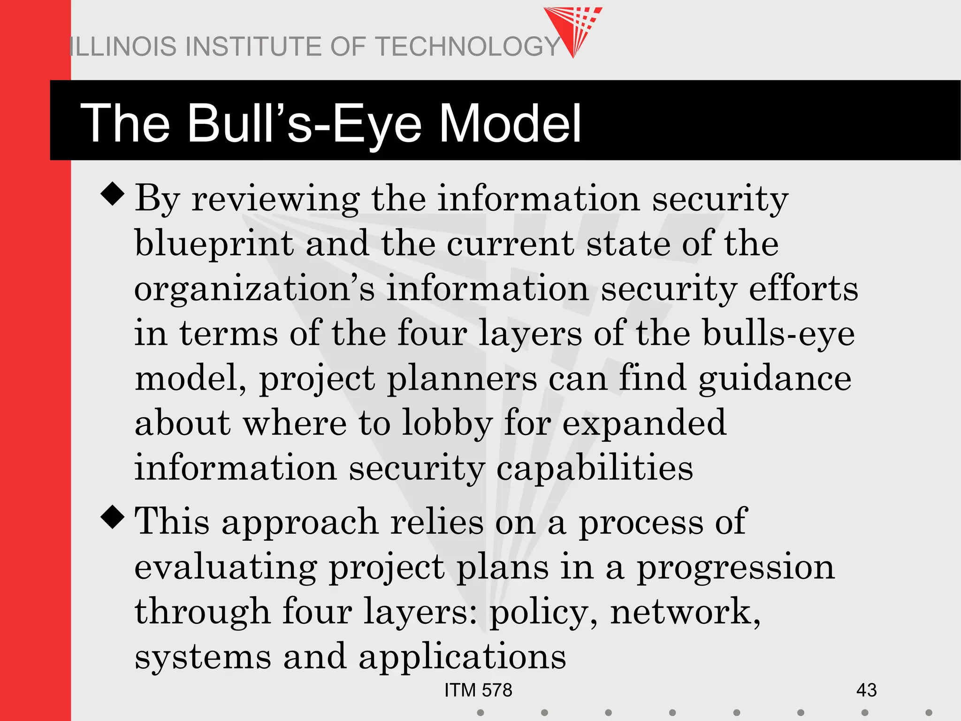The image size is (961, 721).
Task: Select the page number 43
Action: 866,690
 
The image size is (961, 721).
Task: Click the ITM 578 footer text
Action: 478,690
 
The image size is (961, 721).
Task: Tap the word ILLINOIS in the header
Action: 122,46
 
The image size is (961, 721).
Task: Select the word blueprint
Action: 214,244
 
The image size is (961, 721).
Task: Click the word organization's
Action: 255,289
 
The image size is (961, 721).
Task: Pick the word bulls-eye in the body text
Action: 779,333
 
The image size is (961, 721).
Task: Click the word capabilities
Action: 595,468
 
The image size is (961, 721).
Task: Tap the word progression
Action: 735,567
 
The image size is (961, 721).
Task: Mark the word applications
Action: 462,657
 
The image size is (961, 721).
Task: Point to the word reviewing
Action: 275,199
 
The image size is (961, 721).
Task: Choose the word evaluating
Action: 226,567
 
